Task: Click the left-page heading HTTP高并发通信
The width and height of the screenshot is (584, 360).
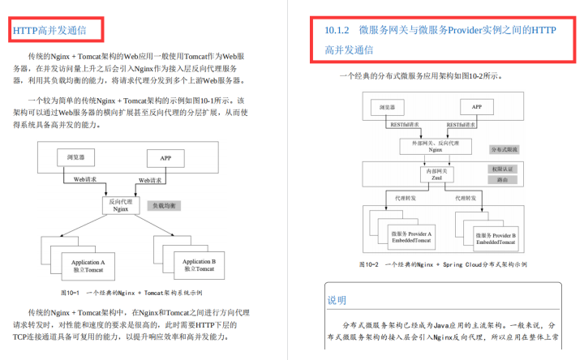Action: coord(57,31)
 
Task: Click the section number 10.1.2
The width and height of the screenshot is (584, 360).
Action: coord(336,30)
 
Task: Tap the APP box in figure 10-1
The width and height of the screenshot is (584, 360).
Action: coord(165,157)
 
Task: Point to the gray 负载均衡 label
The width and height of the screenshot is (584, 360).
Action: coord(169,206)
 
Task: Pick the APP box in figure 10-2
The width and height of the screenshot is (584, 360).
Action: coord(477,106)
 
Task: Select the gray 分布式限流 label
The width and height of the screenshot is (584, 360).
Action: coord(505,150)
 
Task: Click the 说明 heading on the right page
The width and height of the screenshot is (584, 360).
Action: coord(337,300)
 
